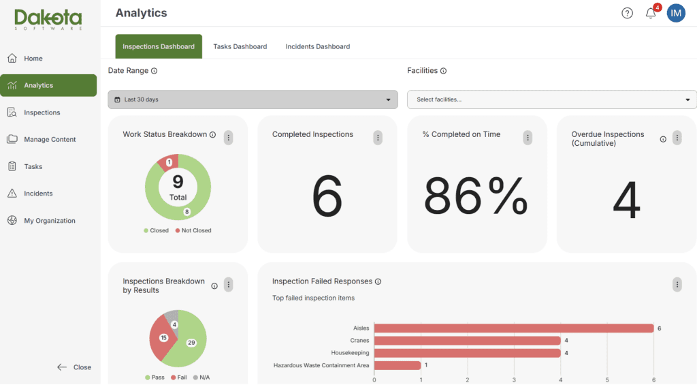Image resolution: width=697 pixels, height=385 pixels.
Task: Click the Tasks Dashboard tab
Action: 240,46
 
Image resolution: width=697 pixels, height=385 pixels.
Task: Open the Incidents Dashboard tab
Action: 317,46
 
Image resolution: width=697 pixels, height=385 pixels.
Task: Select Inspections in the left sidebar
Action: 42,112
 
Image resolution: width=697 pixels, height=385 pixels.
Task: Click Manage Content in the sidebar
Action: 50,139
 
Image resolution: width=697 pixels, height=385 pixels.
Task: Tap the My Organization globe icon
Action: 12,220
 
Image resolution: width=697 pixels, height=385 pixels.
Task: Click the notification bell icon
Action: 651,14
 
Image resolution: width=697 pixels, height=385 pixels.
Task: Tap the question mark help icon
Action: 627,14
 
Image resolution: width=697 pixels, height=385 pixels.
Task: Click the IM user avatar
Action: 676,14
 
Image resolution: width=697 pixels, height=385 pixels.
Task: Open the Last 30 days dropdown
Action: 253,99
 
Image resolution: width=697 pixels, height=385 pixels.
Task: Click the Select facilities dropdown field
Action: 551,99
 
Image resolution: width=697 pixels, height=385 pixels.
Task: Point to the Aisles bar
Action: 514,328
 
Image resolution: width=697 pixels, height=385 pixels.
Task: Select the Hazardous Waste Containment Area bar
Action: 398,365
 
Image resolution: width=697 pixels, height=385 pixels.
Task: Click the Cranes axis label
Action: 359,341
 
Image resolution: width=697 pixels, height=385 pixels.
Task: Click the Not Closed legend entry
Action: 193,230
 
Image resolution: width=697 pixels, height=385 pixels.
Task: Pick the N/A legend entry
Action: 201,378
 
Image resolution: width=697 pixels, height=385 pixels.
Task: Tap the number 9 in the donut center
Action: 178,181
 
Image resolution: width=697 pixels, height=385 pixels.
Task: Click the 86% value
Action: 476,196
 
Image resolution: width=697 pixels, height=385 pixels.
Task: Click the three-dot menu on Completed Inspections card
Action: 378,138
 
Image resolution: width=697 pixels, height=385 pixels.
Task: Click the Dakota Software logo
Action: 48,20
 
